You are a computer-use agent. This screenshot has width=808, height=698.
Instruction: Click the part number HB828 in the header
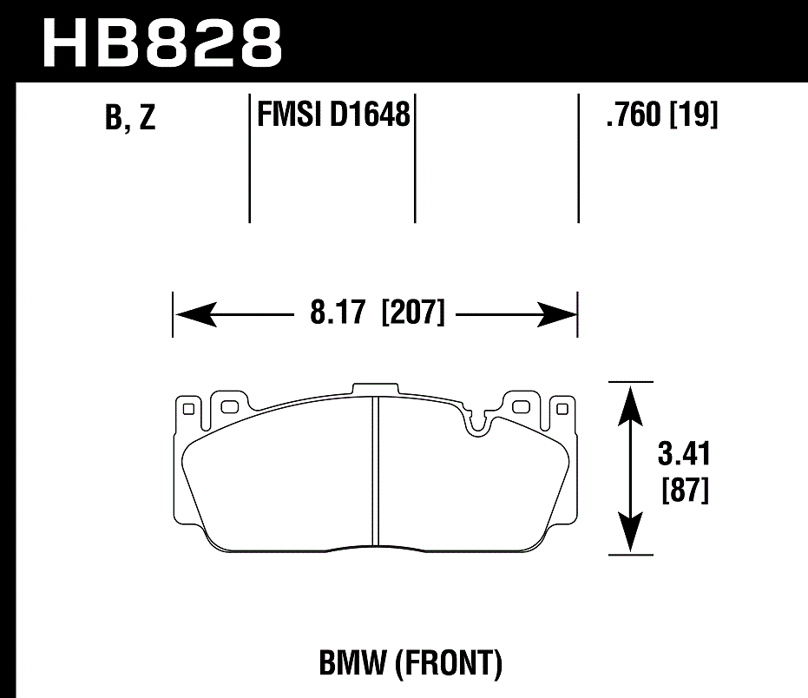(161, 42)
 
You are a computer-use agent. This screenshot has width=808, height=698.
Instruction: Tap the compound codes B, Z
(130, 118)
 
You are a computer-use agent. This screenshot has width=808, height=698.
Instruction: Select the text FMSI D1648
(333, 114)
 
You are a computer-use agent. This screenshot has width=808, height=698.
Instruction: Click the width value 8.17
(339, 312)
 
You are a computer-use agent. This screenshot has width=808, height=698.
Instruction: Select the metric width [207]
(413, 312)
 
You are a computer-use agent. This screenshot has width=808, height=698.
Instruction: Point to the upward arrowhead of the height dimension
(630, 401)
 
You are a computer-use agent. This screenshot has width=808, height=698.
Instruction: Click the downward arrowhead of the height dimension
(630, 532)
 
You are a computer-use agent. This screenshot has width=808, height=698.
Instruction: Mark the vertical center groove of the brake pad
(374, 469)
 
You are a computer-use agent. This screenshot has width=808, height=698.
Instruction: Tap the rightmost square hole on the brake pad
(562, 406)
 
